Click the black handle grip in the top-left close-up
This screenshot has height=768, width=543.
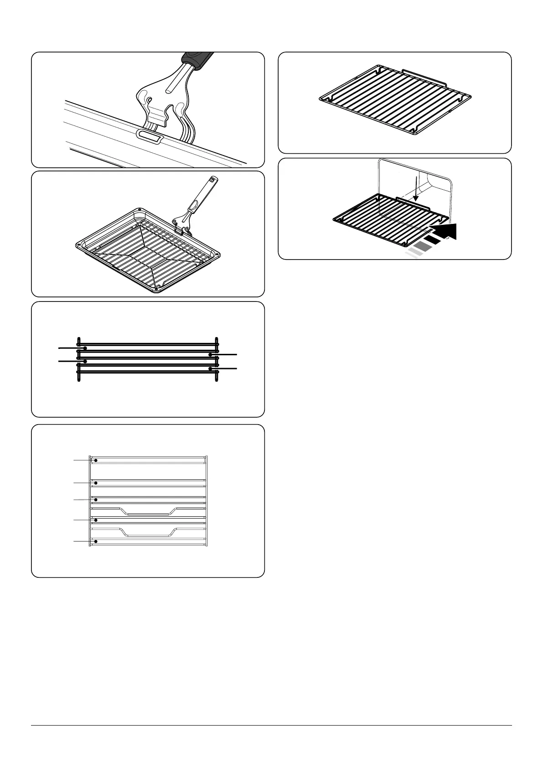[x=197, y=61]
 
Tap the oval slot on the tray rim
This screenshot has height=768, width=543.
[x=148, y=135]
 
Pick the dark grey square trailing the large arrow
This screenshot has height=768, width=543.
[x=422, y=247]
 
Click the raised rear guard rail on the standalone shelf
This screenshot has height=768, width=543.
[x=424, y=75]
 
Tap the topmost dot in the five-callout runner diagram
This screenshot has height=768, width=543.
[x=96, y=461]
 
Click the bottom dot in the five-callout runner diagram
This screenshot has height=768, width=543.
[x=96, y=541]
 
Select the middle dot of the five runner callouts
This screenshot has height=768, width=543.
[x=96, y=500]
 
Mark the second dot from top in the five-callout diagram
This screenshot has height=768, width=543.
[x=96, y=483]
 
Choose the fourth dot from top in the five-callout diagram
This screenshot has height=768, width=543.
[x=96, y=520]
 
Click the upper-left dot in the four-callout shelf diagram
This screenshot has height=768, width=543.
[x=85, y=348]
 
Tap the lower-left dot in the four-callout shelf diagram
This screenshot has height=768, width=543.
[x=85, y=361]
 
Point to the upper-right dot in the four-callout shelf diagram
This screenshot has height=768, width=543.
[x=210, y=354]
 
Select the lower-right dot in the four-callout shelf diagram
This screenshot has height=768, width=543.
[x=210, y=368]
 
